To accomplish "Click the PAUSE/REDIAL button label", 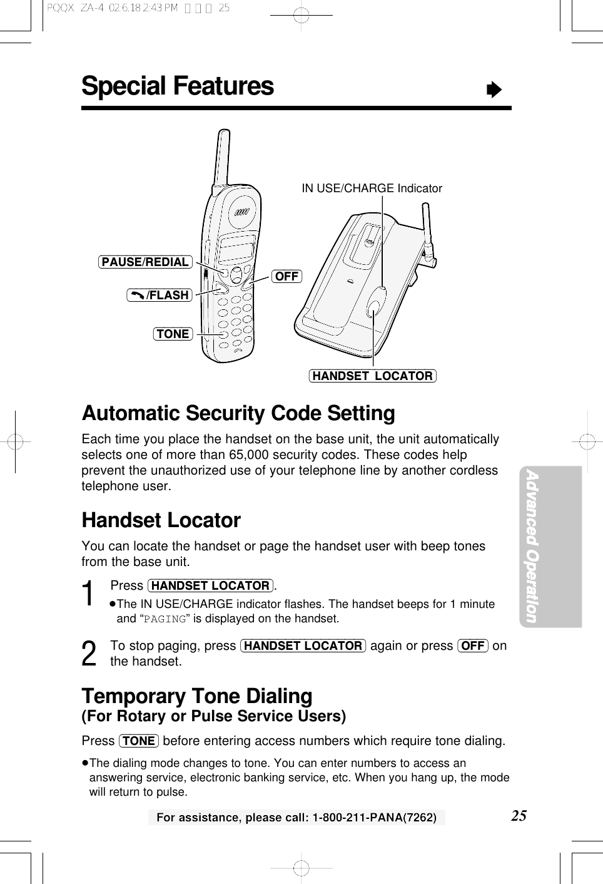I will (x=145, y=262).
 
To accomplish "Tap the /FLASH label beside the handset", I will (x=160, y=295).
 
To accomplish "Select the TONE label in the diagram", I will (x=173, y=334).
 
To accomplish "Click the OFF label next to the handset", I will (x=286, y=276).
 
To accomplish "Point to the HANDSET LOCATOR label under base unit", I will (x=372, y=376).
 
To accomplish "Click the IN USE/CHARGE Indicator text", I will (x=372, y=188).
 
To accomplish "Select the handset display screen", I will (x=237, y=249).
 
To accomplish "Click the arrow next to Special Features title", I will (x=494, y=90).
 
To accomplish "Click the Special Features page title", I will (x=178, y=86).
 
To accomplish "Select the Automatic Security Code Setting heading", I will (x=238, y=413).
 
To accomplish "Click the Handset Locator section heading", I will (x=161, y=520).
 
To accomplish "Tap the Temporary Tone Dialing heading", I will (x=197, y=696).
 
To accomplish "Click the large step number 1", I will (x=90, y=594).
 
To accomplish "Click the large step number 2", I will (x=89, y=654).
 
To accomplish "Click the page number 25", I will (x=519, y=815).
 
